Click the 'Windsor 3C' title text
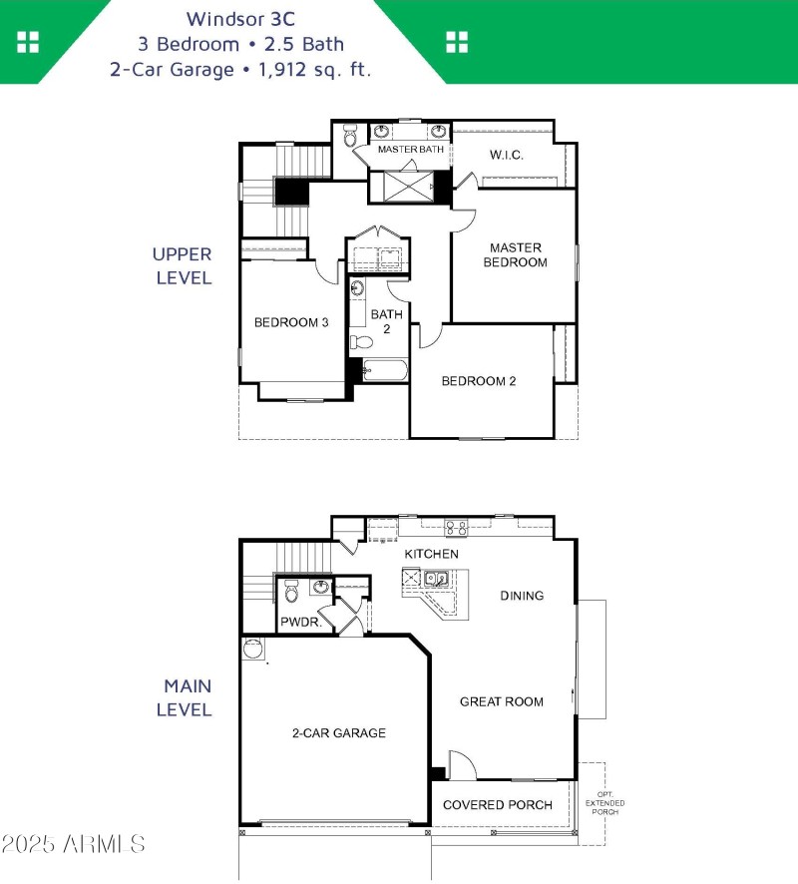(x=239, y=18)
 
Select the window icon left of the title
(x=28, y=41)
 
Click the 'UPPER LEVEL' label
(x=183, y=266)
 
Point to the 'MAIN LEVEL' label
(x=188, y=698)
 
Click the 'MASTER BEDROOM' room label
(x=515, y=254)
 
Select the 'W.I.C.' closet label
(x=506, y=155)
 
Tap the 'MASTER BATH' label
(x=410, y=150)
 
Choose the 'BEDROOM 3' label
(x=291, y=322)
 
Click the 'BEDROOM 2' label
(x=479, y=381)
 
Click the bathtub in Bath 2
(x=384, y=371)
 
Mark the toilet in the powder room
(x=291, y=594)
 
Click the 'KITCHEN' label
(x=431, y=554)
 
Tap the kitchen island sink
(x=436, y=578)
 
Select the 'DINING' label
(x=522, y=596)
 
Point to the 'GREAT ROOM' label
(x=501, y=701)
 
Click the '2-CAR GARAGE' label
(x=338, y=733)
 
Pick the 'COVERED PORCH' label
(x=497, y=805)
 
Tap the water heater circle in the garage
(x=253, y=650)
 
